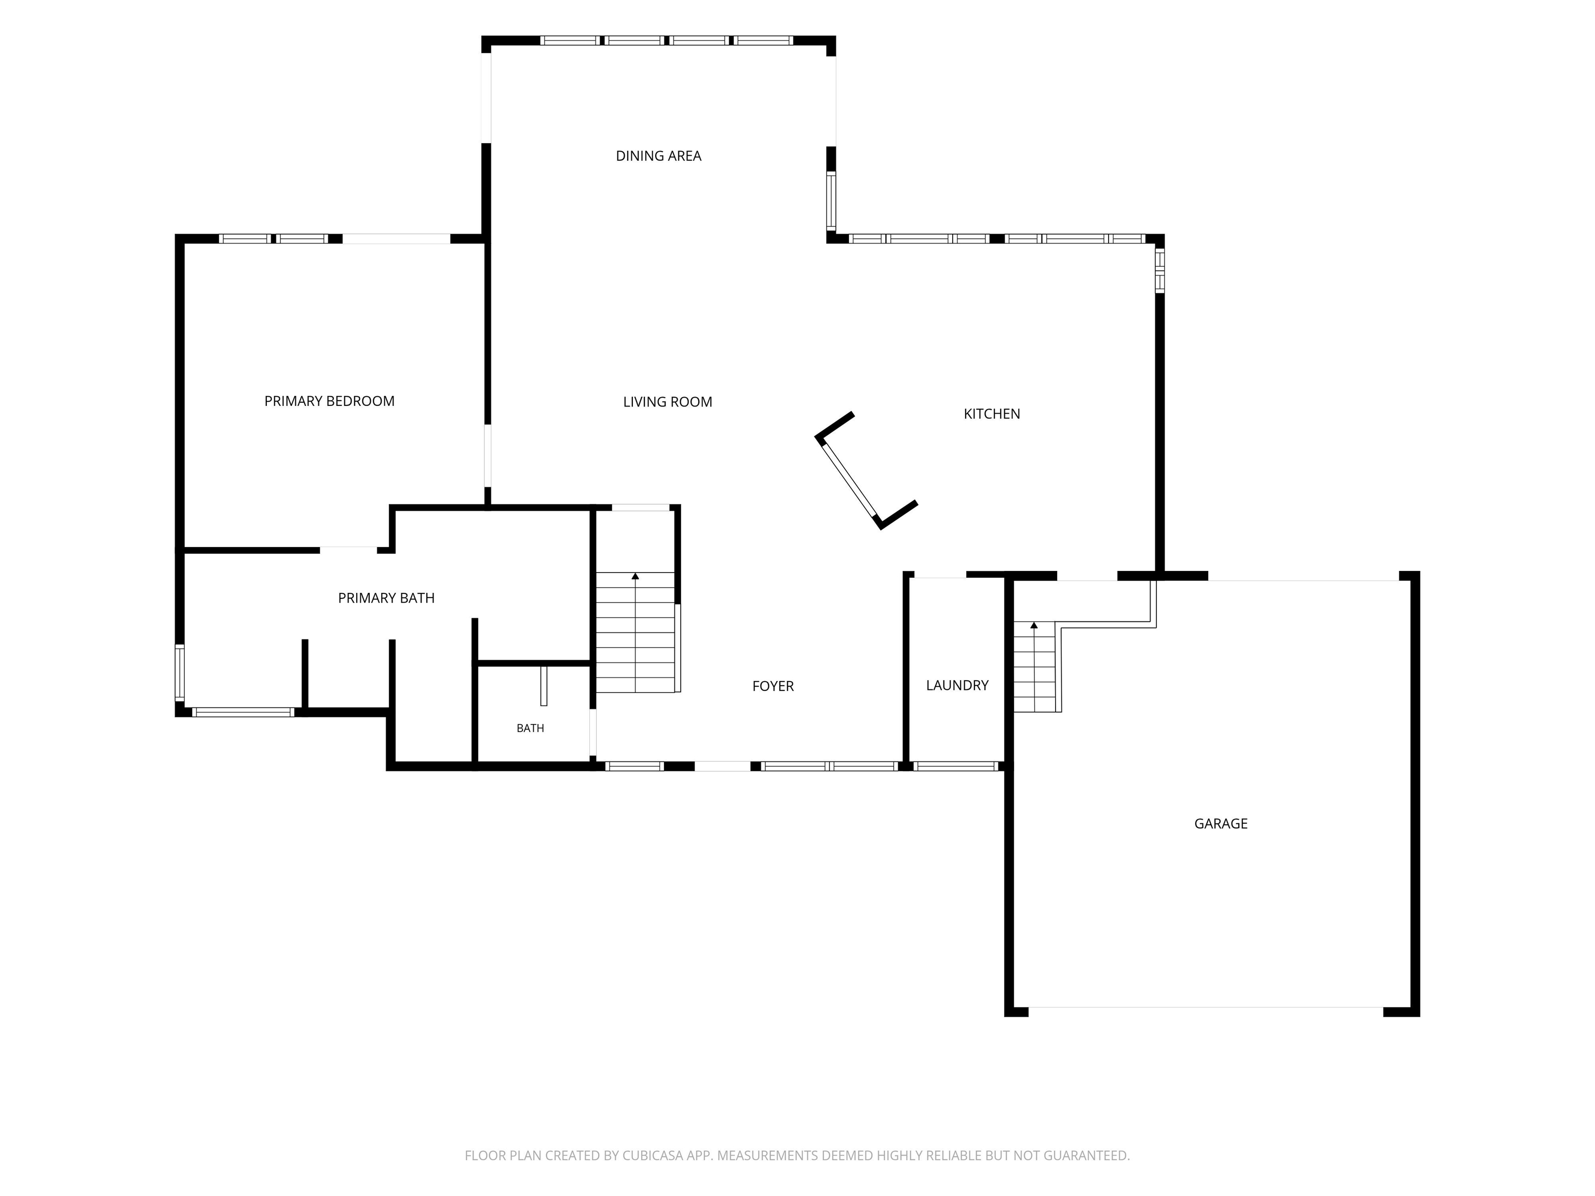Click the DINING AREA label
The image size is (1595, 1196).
pyautogui.click(x=658, y=156)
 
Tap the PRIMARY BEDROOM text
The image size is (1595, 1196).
pyautogui.click(x=330, y=401)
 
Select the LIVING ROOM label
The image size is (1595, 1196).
pyautogui.click(x=668, y=402)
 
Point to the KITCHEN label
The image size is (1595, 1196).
pyautogui.click(x=992, y=414)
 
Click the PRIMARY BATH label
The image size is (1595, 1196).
pyautogui.click(x=386, y=597)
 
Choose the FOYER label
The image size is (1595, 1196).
pyautogui.click(x=773, y=686)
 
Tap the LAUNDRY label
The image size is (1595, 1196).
pyautogui.click(x=957, y=685)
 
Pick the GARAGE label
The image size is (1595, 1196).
pyautogui.click(x=1221, y=823)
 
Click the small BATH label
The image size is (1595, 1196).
pyautogui.click(x=530, y=728)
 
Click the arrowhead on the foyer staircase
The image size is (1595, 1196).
pyautogui.click(x=636, y=576)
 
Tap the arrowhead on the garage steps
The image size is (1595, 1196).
pyautogui.click(x=1034, y=625)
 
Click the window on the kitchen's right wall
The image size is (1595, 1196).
pyautogui.click(x=1159, y=270)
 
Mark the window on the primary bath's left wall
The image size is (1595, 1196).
pyautogui.click(x=180, y=673)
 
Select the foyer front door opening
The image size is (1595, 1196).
pyautogui.click(x=723, y=766)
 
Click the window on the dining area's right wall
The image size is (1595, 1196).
pyautogui.click(x=831, y=200)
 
